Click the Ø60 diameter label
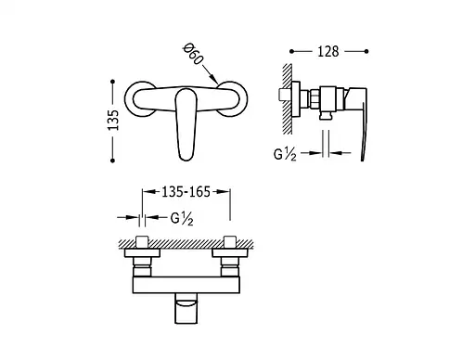(x=193, y=55)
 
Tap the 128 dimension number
(x=328, y=51)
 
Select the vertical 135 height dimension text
(x=113, y=120)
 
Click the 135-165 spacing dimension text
(x=186, y=192)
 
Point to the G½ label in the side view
(x=285, y=154)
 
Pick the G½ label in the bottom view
(x=182, y=219)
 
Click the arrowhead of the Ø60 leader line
(x=215, y=80)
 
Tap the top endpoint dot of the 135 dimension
(x=112, y=82)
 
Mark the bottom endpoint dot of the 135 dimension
(x=112, y=161)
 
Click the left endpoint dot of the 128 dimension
(x=291, y=51)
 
